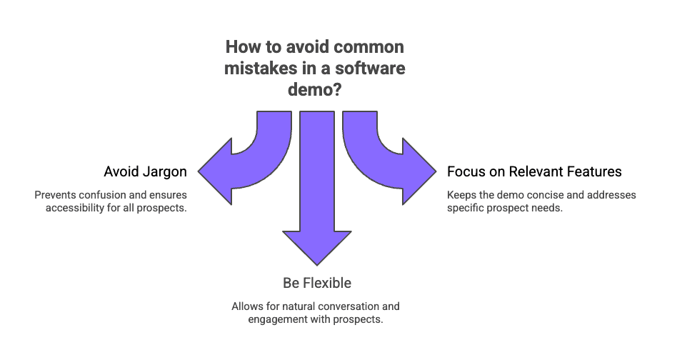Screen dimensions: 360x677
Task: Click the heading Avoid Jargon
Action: tap(146, 171)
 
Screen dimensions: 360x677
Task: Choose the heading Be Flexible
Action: tap(316, 283)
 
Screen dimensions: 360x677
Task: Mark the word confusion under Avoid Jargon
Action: tap(97, 195)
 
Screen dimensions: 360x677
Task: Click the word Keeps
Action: tap(461, 195)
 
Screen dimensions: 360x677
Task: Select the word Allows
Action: tap(247, 306)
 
